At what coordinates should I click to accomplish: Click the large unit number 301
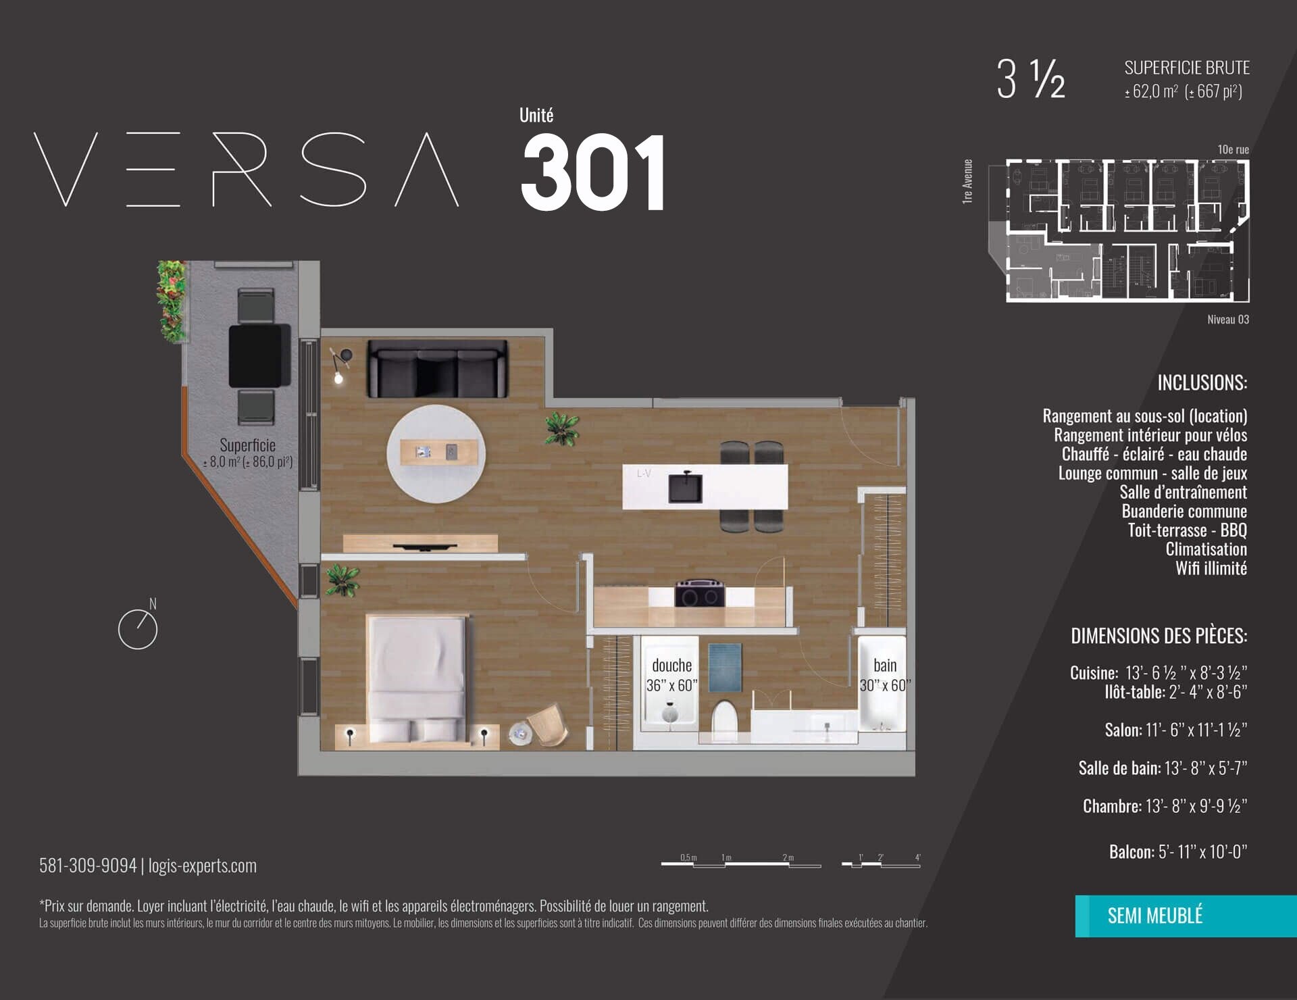pos(593,172)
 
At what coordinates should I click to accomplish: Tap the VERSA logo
pos(246,169)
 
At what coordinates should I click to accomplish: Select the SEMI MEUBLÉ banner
pos(1186,916)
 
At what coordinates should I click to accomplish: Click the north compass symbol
pos(138,625)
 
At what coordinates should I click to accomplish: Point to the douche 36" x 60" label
pos(671,675)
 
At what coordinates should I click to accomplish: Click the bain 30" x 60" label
pos(885,675)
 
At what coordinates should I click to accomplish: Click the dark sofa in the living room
pos(437,369)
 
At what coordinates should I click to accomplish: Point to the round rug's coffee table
pos(442,452)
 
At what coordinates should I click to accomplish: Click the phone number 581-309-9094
pos(88,866)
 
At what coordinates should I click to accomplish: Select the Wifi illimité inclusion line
pos(1211,568)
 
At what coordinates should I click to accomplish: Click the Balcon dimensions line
pos(1178,851)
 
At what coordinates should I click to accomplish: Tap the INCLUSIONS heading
pos(1202,383)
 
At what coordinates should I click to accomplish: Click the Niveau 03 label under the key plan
pos(1228,320)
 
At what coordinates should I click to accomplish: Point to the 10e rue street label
pos(1234,149)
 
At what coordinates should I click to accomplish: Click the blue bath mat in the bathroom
pos(725,668)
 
